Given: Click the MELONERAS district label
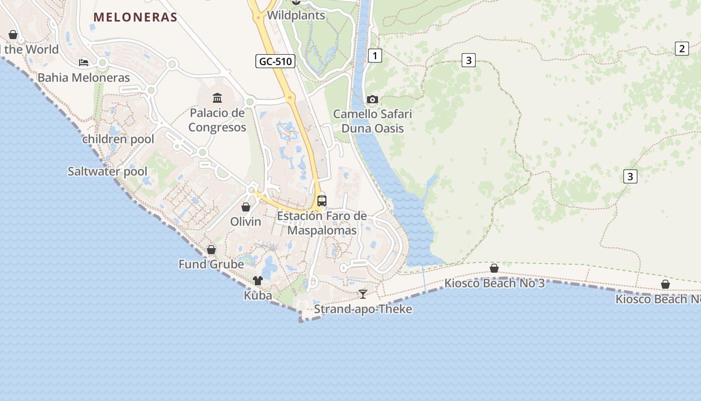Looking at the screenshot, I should [x=135, y=17].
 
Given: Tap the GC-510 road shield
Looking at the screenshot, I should [x=275, y=62].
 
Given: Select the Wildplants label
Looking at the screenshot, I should [x=296, y=16].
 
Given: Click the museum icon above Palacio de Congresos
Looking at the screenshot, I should [x=217, y=98].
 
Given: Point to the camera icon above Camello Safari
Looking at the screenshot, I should [x=372, y=99].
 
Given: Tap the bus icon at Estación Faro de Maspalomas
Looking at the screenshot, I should [x=322, y=200].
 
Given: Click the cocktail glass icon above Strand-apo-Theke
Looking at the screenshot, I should [x=363, y=294].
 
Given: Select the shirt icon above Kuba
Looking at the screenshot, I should [x=258, y=281].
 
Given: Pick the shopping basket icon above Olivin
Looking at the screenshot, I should [x=246, y=207].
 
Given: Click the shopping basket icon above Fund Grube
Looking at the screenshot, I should [x=211, y=250].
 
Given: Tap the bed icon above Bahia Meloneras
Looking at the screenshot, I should [x=84, y=63].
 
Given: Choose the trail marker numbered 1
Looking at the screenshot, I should [x=375, y=56].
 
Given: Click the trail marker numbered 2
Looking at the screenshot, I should [x=681, y=49].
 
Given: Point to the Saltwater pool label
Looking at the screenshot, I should [x=108, y=171].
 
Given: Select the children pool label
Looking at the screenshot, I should [x=118, y=139].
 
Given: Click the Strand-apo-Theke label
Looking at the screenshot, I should [x=363, y=309].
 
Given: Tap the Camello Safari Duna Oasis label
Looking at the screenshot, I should [x=373, y=121].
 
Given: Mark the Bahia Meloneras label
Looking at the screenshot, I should [x=84, y=78].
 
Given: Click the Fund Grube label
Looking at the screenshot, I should [x=211, y=264].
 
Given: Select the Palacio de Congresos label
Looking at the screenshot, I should [x=217, y=120].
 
